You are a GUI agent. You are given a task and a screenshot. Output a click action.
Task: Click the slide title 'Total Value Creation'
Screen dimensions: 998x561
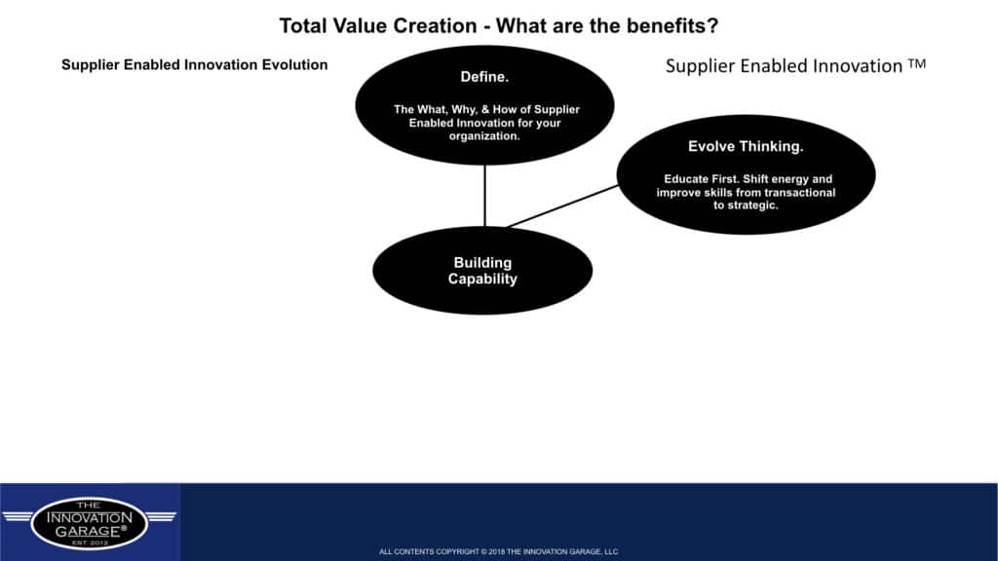click(x=378, y=26)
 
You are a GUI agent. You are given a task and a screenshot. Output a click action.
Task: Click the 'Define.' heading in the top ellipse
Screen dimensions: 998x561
click(x=484, y=77)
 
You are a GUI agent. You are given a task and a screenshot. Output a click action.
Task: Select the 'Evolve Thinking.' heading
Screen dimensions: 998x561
click(x=746, y=147)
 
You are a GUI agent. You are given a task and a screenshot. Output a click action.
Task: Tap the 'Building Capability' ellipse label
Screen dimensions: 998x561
click(x=482, y=271)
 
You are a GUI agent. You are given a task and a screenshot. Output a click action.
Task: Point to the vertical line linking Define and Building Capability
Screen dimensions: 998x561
click(x=485, y=196)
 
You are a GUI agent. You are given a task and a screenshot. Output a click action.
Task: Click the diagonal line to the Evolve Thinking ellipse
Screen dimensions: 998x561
click(x=562, y=206)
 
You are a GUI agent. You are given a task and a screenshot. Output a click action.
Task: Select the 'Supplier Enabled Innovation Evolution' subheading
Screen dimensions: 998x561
click(x=195, y=65)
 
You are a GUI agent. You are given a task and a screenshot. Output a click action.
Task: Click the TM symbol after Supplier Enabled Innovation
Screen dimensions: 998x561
click(x=917, y=63)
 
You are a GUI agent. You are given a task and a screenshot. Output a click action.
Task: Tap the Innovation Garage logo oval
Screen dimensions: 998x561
click(x=89, y=523)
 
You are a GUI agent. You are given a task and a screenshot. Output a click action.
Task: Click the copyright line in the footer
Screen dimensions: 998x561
click(x=498, y=551)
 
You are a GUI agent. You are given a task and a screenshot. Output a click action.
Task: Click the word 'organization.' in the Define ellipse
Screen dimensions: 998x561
click(x=484, y=136)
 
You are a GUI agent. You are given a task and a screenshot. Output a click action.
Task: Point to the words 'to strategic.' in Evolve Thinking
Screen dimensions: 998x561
click(x=746, y=206)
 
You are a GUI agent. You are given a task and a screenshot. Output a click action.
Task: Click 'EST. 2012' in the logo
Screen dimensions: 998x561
click(x=90, y=542)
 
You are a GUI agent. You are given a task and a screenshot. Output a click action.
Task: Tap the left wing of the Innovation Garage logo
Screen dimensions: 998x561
click(x=18, y=516)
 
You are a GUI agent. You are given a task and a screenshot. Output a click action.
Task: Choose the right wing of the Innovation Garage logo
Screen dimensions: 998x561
click(x=161, y=516)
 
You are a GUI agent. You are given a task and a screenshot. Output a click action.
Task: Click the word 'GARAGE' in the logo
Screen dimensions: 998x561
click(x=87, y=531)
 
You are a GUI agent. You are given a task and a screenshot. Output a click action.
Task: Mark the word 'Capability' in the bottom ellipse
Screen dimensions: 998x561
click(x=482, y=280)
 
